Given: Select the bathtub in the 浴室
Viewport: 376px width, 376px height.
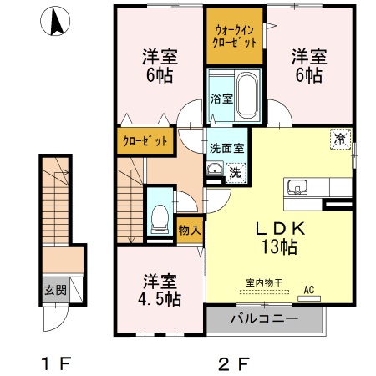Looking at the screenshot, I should point(246,96).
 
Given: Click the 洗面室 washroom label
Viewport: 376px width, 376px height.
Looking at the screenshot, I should point(226,147).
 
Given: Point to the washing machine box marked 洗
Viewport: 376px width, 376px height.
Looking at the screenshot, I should point(236,173).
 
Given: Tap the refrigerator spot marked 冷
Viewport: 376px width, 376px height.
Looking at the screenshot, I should point(341,139).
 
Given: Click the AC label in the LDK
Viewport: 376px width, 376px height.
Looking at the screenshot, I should point(309,289).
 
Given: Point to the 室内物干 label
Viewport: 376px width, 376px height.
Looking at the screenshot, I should point(266,282).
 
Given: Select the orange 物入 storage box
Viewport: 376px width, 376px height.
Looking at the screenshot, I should point(189,228).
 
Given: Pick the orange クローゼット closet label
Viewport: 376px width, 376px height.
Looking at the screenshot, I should point(145,140).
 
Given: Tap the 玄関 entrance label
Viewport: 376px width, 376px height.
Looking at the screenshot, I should point(51,292).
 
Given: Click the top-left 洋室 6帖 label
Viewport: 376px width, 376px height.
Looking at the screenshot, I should point(156,66).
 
